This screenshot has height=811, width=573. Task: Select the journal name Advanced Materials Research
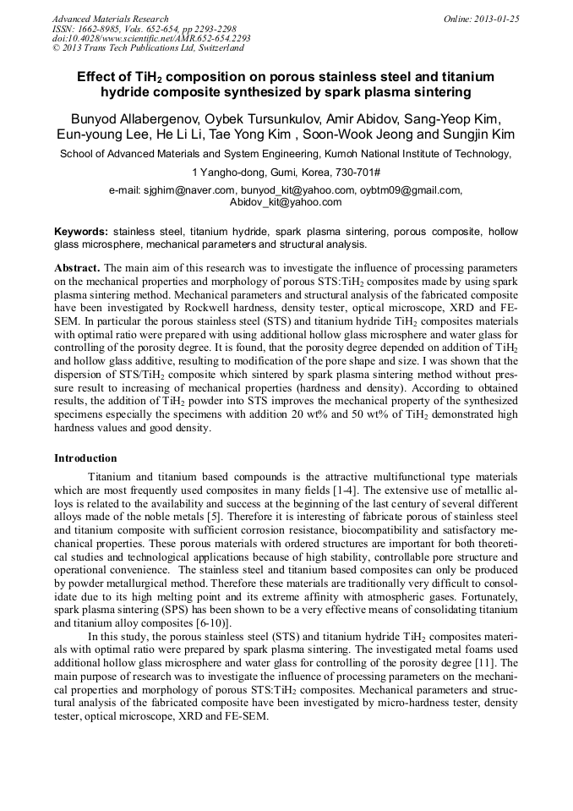click(x=110, y=19)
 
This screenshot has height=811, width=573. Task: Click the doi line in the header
click(x=151, y=39)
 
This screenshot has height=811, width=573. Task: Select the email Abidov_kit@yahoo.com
click(x=286, y=202)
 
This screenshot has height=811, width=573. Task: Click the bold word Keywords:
click(x=81, y=231)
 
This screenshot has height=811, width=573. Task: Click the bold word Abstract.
click(x=77, y=267)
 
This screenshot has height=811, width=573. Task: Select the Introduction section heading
click(x=85, y=458)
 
